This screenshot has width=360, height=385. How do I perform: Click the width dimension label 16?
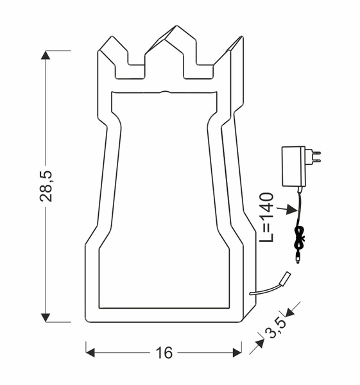click(x=164, y=352)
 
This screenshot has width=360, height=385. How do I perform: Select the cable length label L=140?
click(x=268, y=217)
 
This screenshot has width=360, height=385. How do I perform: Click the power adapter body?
click(x=293, y=166)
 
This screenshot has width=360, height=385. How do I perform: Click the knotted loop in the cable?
click(x=298, y=239)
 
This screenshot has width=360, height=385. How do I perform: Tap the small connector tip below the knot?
click(x=298, y=259)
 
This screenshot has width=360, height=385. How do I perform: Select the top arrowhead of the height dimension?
click(x=46, y=55)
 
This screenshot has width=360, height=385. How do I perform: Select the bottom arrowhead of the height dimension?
click(x=46, y=317)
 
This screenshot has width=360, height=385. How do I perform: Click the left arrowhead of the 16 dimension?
click(x=90, y=352)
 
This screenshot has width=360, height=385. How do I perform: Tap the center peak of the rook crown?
click(x=171, y=32)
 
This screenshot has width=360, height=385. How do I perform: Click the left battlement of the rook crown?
click(x=113, y=48)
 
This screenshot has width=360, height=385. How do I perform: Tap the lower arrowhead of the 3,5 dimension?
click(x=259, y=343)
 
